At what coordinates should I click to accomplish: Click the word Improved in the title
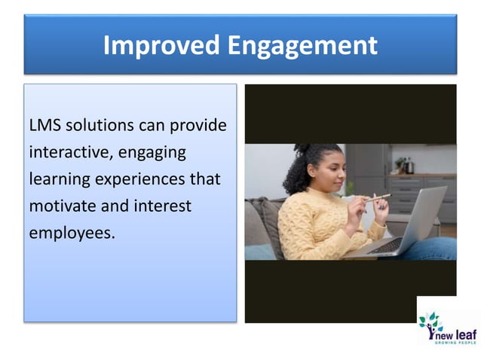coord(155,45)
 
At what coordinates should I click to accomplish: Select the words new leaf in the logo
coord(458,329)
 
